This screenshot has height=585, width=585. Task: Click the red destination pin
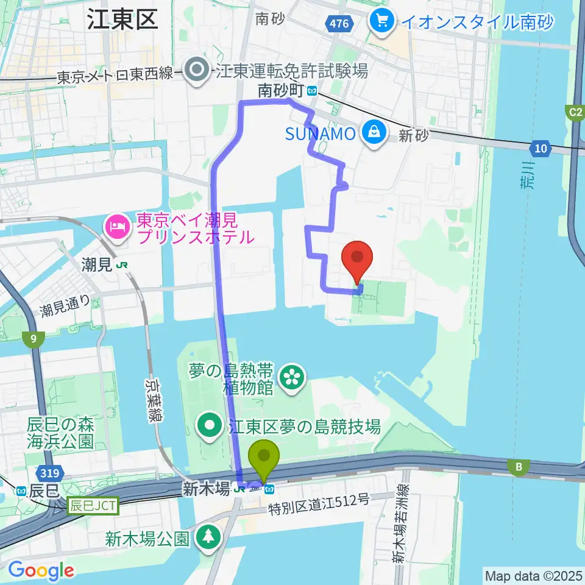[358, 258]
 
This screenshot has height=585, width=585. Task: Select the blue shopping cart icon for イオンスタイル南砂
[382, 22]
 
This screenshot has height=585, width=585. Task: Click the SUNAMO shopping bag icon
[371, 133]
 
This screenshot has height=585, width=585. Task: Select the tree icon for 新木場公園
[209, 537]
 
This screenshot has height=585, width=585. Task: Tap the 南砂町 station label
[281, 91]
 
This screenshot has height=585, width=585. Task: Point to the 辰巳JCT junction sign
[93, 505]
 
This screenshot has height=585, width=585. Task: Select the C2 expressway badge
[575, 112]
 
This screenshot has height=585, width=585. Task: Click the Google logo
[40, 571]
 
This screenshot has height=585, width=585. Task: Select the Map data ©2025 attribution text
[533, 575]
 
